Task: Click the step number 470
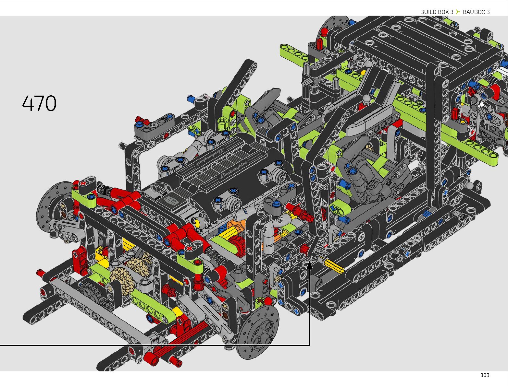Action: (x=39, y=103)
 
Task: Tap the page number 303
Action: (x=485, y=375)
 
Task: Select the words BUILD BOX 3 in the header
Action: (x=437, y=12)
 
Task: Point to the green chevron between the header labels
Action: (x=458, y=12)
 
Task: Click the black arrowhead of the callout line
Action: (x=309, y=265)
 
